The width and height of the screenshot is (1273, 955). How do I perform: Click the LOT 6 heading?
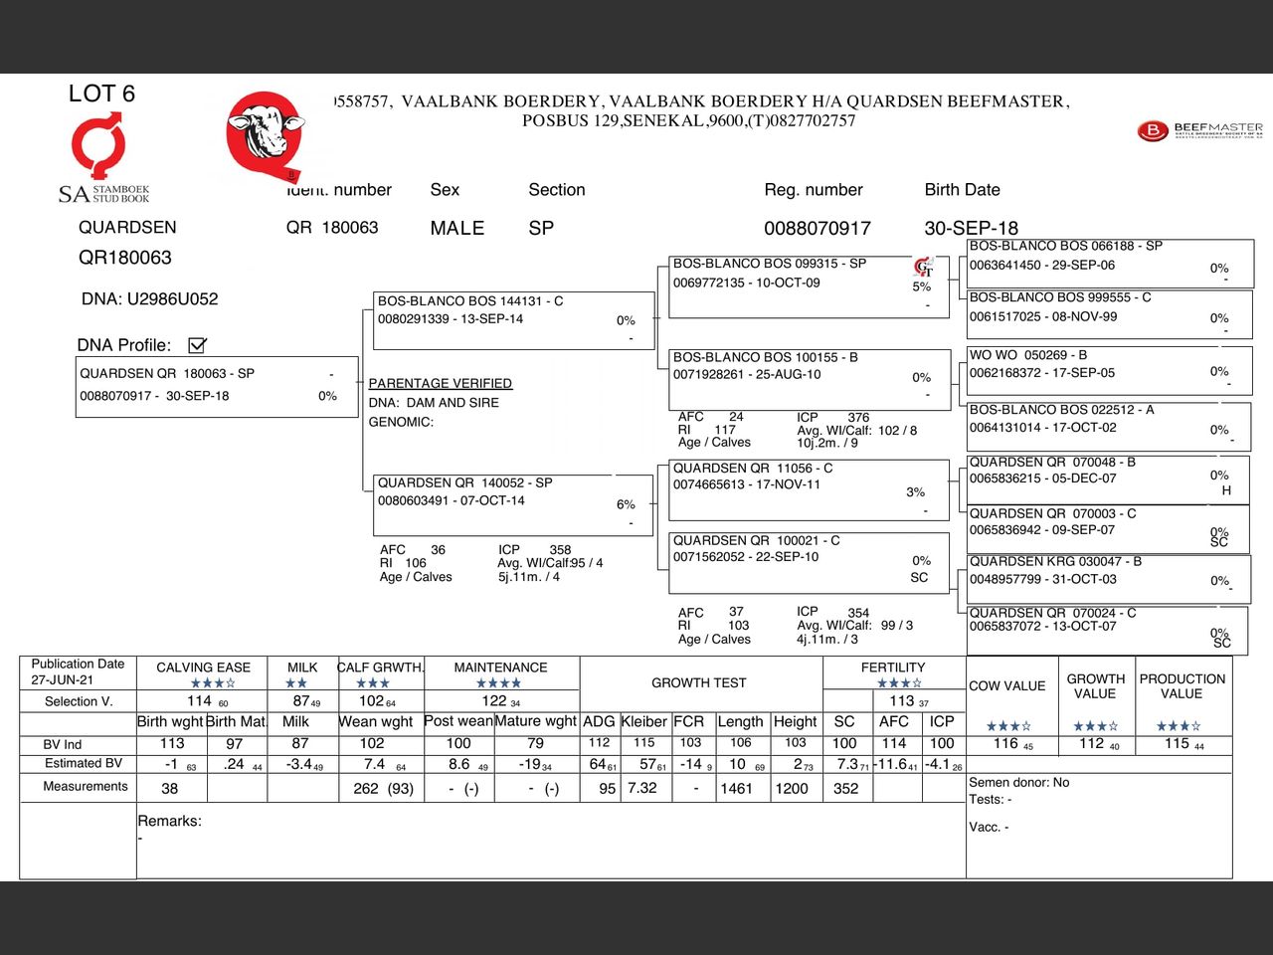coord(101,94)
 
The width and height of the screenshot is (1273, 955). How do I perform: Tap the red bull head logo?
coord(265,133)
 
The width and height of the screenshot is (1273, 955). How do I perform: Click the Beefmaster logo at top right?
coord(1200,130)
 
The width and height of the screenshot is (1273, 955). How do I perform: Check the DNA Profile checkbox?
coord(197,345)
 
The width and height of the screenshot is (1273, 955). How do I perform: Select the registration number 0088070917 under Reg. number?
coord(817,228)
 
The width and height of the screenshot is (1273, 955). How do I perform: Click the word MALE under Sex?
coord(456,228)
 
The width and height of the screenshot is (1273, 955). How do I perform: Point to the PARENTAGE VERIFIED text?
coord(440,383)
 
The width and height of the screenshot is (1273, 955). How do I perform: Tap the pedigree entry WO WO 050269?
coord(1108,370)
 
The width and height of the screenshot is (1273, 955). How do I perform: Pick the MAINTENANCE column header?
coord(500,668)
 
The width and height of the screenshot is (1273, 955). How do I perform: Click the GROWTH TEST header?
coord(699,682)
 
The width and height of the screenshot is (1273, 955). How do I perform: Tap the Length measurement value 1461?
coord(736,788)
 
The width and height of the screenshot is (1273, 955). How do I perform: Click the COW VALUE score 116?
coord(1006,743)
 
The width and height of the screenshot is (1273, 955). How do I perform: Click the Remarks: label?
coord(169,821)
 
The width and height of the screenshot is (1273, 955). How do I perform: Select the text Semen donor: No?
coord(1018,782)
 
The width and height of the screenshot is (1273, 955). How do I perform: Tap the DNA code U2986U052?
coord(172,298)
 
